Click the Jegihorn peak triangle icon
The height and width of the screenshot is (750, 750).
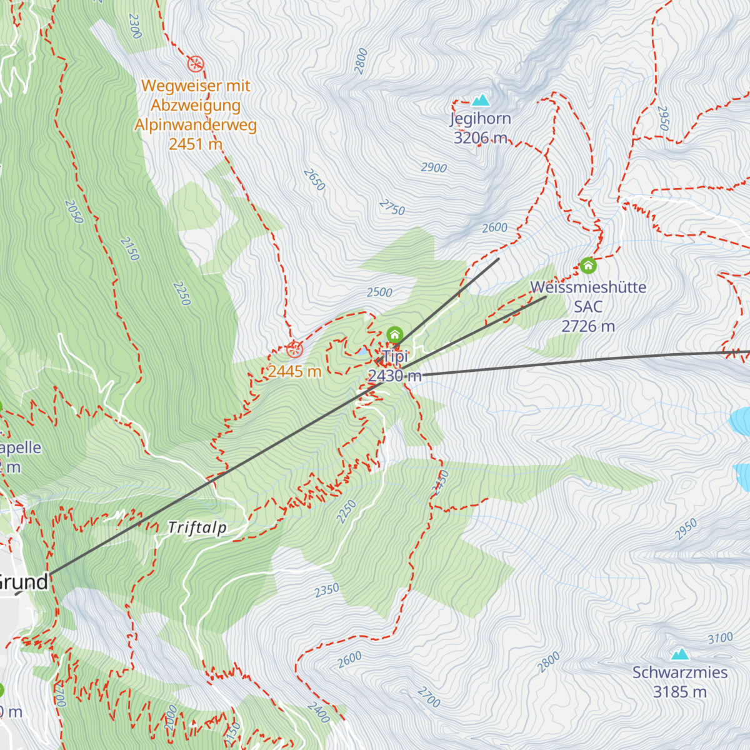pyautogui.click(x=481, y=100)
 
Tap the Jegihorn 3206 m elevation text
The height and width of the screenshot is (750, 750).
pyautogui.click(x=480, y=138)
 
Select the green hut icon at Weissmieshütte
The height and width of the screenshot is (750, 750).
pyautogui.click(x=587, y=266)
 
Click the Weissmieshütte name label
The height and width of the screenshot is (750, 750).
pyautogui.click(x=588, y=287)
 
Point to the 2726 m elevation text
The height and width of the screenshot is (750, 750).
pyautogui.click(x=588, y=326)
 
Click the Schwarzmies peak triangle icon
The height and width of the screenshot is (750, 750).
pyautogui.click(x=680, y=654)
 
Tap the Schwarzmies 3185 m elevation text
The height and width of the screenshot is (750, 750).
pyautogui.click(x=680, y=692)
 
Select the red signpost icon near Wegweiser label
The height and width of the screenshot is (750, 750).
pyautogui.click(x=196, y=64)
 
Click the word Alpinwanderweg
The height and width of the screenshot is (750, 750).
pyautogui.click(x=196, y=125)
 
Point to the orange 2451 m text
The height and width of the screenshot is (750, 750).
pyautogui.click(x=196, y=144)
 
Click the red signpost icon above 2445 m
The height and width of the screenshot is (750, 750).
pyautogui.click(x=294, y=349)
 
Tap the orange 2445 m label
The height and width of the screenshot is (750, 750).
pyautogui.click(x=294, y=371)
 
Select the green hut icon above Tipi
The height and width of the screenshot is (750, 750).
pyautogui.click(x=394, y=334)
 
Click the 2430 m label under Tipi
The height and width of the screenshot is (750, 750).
pyautogui.click(x=394, y=376)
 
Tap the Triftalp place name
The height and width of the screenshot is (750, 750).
pyautogui.click(x=197, y=528)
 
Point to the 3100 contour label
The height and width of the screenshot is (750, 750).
pyautogui.click(x=720, y=638)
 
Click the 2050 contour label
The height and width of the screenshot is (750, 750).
pyautogui.click(x=74, y=212)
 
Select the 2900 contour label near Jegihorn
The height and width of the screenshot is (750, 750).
pyautogui.click(x=434, y=167)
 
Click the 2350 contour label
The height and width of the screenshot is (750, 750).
pyautogui.click(x=326, y=589)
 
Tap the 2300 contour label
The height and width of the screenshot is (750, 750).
pyautogui.click(x=134, y=26)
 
